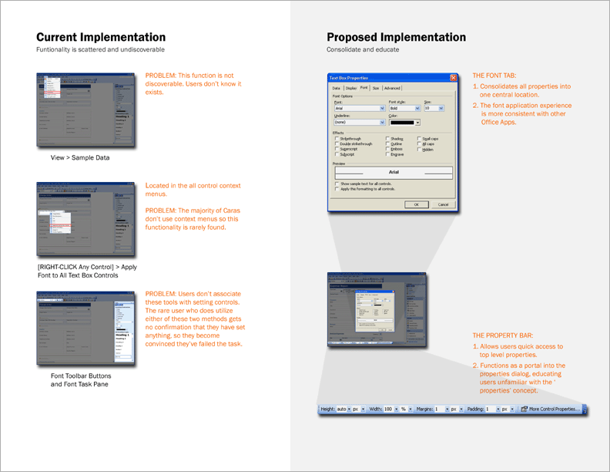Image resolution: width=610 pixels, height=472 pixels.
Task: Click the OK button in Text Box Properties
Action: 416,204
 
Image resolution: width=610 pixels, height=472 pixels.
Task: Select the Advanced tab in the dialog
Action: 392,89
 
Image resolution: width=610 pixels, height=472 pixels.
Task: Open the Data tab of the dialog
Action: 336,89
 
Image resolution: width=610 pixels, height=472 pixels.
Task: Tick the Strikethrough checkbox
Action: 337,139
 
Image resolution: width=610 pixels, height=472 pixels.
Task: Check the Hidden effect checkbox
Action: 420,150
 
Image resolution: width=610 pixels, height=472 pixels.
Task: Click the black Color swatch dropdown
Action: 404,122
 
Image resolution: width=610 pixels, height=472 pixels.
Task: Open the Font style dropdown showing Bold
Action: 404,109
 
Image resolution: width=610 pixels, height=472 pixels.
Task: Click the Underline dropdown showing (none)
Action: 359,122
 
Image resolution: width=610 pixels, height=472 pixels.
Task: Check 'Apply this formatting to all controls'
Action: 337,189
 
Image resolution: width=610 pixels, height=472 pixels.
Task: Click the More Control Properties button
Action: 550,409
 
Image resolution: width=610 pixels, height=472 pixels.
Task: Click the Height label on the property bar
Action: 327,409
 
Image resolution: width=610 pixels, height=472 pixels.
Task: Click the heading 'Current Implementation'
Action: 101,37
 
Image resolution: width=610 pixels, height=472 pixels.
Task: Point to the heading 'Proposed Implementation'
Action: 396,37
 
